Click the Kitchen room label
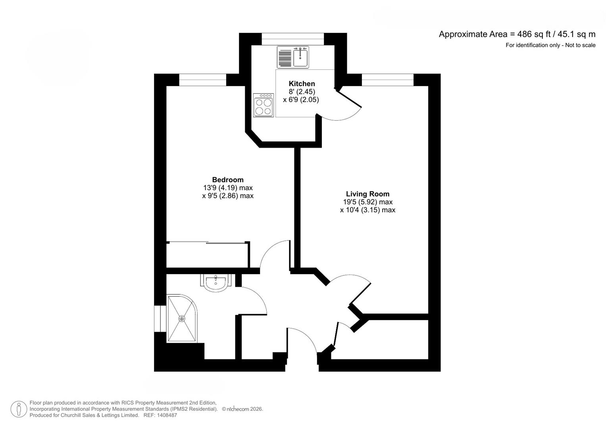(x=302, y=83)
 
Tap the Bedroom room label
(x=228, y=180)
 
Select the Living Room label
(x=367, y=194)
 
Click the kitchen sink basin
(x=300, y=58)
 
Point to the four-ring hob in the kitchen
(x=264, y=105)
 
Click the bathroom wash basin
(x=215, y=283)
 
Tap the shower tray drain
(x=182, y=318)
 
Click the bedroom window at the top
(x=202, y=80)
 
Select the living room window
(x=387, y=80)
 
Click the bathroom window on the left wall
(x=160, y=319)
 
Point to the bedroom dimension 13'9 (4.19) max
(x=228, y=188)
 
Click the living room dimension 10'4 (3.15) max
(x=367, y=210)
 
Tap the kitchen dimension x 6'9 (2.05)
(x=301, y=100)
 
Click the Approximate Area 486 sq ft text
(x=517, y=34)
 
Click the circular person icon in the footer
(x=19, y=409)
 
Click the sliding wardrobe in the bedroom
(x=208, y=255)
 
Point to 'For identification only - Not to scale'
(x=550, y=45)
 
